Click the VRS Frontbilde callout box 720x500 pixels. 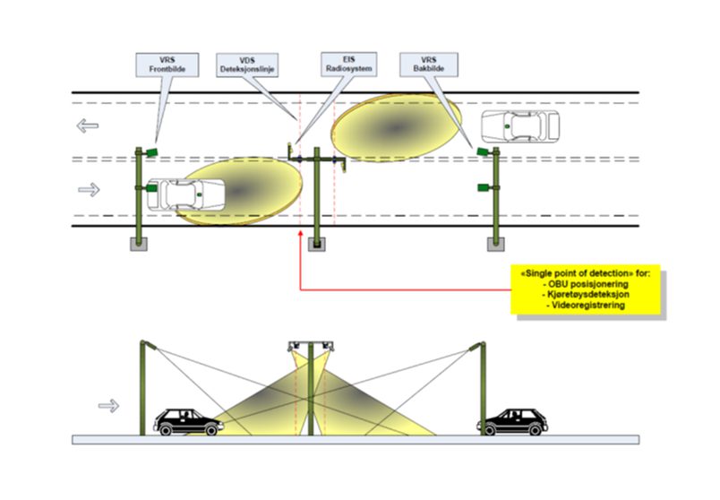163,64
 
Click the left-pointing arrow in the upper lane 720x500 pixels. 87,125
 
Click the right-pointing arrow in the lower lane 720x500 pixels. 89,189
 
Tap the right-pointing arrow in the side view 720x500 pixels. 108,406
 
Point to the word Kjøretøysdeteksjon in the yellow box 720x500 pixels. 587,295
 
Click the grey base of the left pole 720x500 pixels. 140,244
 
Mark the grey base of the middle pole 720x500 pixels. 317,244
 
